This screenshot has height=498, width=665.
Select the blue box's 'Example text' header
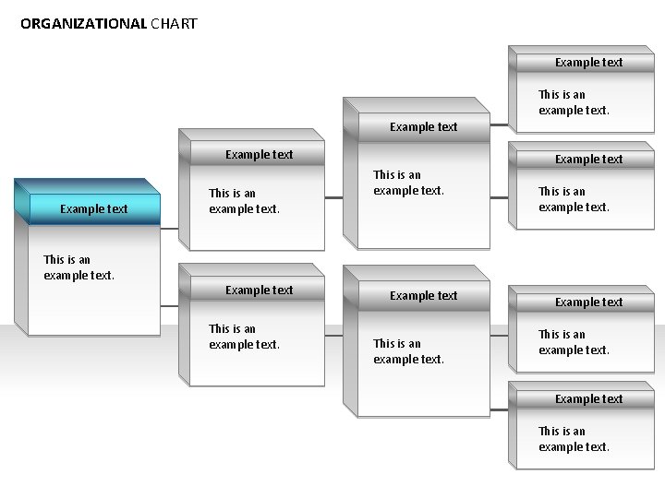[x=93, y=208]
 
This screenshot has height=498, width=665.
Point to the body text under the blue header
[x=79, y=267]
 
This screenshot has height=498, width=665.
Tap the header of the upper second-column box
[x=259, y=154]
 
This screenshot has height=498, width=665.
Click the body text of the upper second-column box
[x=244, y=201]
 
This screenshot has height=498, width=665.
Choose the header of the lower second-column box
[x=259, y=290]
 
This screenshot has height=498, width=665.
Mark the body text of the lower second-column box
[x=244, y=337]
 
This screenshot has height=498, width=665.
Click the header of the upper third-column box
[x=423, y=126]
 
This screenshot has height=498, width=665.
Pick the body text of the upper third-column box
[x=408, y=183]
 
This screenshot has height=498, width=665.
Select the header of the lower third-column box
[x=423, y=295]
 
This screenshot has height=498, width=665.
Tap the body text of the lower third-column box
[x=408, y=351]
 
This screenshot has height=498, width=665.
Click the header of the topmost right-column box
[x=588, y=63]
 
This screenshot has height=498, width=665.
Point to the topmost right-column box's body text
[x=574, y=101]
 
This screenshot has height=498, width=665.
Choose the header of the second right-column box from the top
[x=588, y=159]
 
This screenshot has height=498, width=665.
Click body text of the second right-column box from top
[x=574, y=199]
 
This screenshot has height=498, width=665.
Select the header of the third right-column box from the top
[x=588, y=302]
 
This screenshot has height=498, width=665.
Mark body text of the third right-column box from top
[x=574, y=342]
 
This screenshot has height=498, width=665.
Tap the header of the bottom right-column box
[x=588, y=398]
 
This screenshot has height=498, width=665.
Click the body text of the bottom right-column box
[x=574, y=439]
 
